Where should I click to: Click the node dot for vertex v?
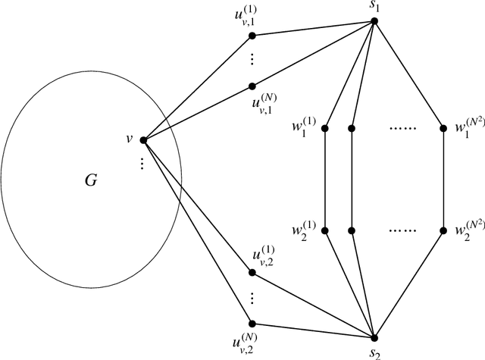(143, 139)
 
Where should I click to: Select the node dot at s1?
(374, 20)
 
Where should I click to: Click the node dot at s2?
(374, 337)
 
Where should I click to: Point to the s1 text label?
(374, 8)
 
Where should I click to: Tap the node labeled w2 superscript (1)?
(325, 230)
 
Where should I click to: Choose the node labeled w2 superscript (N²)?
(443, 230)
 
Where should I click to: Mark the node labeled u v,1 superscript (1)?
(252, 35)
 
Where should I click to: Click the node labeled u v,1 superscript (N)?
(252, 86)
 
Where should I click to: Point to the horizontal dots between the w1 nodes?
(398, 127)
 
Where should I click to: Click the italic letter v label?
(130, 138)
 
